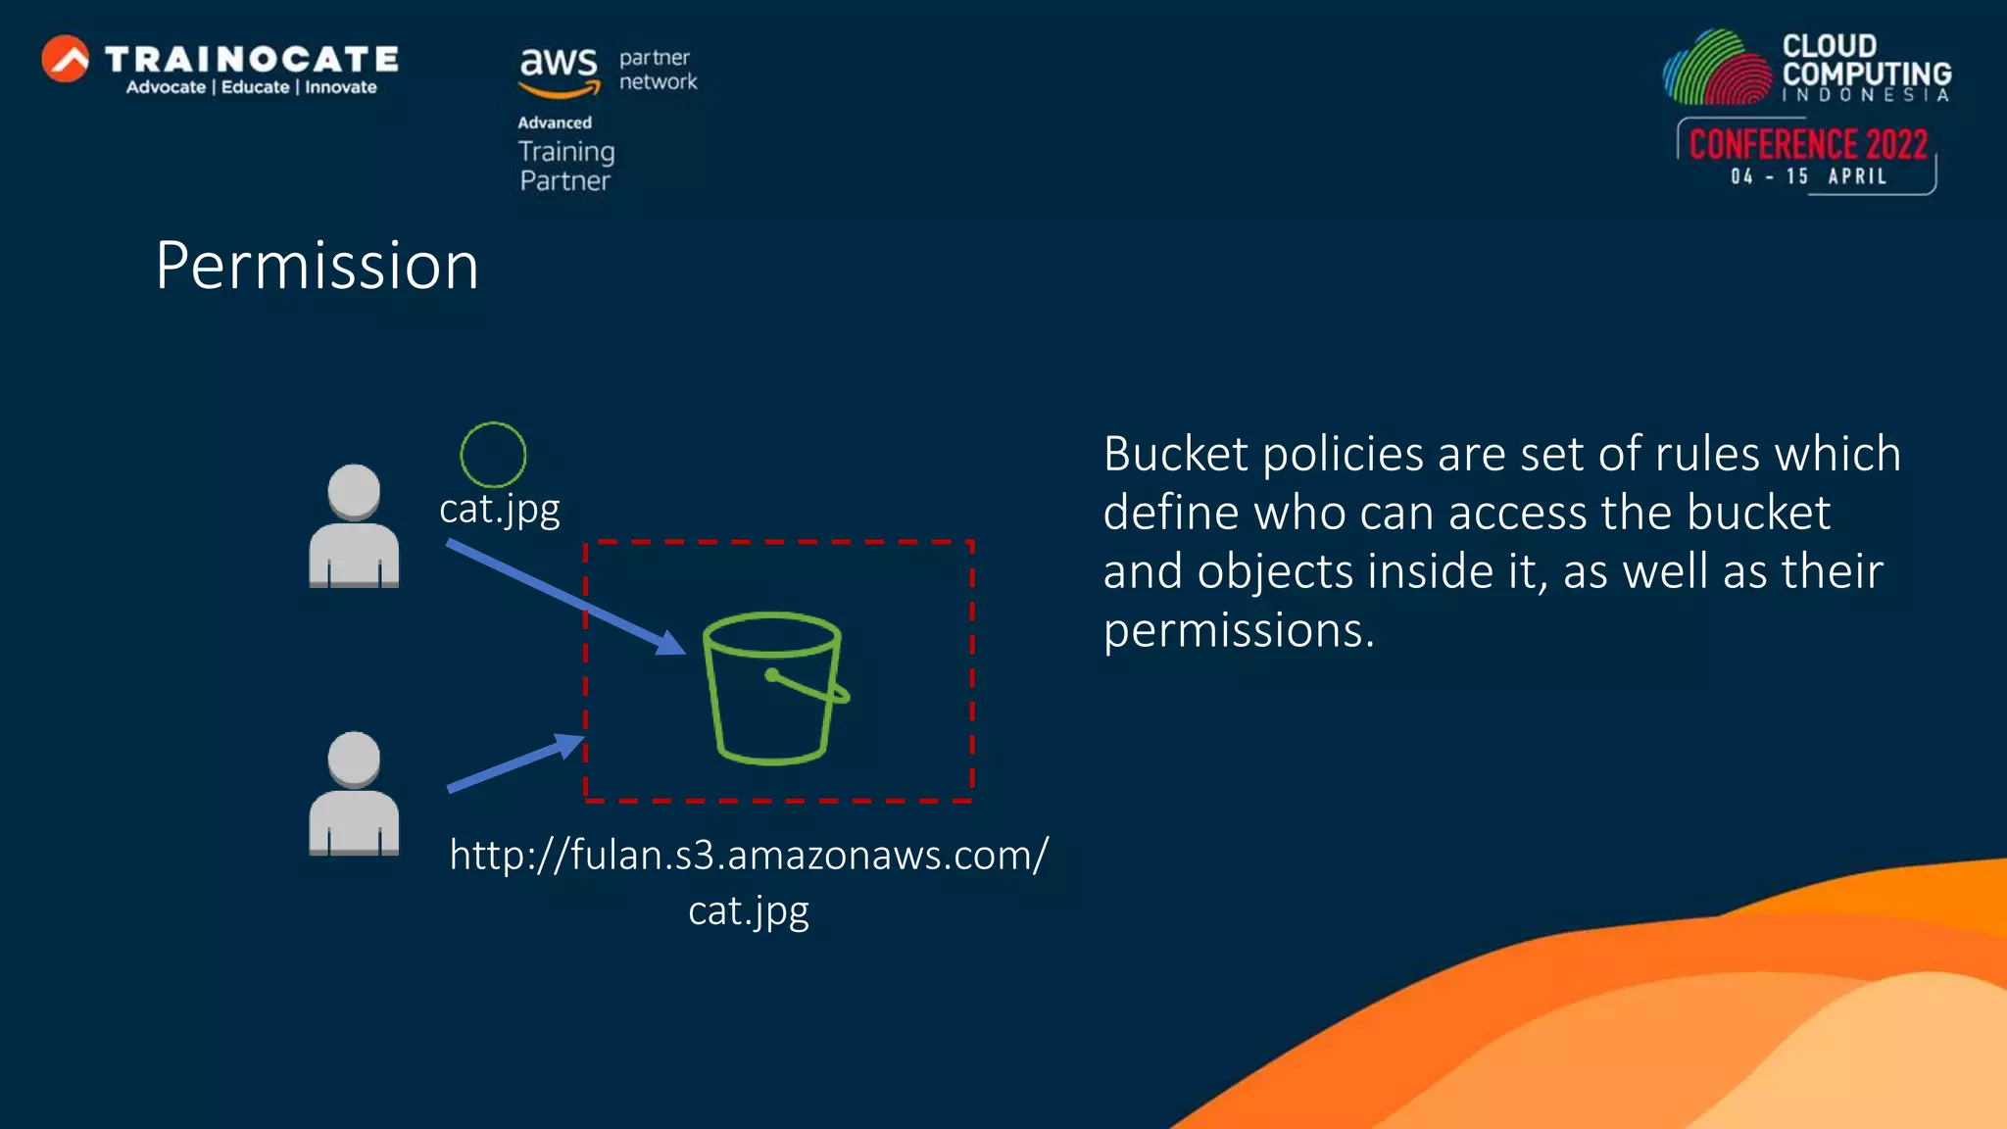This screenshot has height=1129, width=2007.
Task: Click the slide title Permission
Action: point(317,266)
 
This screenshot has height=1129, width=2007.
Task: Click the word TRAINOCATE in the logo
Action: point(252,59)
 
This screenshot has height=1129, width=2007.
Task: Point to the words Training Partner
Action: point(565,166)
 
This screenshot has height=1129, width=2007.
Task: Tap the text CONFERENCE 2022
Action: point(1808,145)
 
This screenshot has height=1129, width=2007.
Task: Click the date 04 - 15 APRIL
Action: point(1808,176)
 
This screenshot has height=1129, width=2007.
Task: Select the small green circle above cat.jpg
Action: point(493,455)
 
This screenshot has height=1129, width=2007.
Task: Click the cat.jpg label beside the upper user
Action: point(500,510)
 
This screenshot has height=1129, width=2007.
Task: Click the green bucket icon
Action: point(774,688)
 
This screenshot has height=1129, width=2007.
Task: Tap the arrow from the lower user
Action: point(514,763)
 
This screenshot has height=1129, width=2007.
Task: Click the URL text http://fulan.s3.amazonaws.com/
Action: point(749,856)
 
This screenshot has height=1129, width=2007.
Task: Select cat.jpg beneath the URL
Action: point(749,911)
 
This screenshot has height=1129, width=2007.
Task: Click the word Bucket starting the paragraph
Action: point(1176,455)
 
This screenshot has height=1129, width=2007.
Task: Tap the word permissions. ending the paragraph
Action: point(1239,630)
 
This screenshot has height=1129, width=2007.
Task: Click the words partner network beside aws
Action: point(658,70)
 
